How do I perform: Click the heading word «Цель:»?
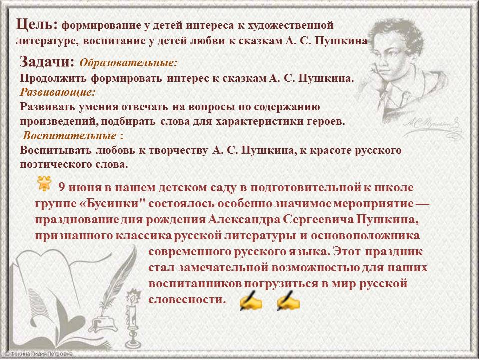tap(36, 24)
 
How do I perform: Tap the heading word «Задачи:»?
tap(47, 62)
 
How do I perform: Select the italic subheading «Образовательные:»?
tap(129, 63)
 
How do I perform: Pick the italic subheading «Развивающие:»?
tap(58, 92)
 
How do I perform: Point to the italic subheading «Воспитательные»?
tap(70, 135)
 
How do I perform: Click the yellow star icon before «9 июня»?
tap(44, 183)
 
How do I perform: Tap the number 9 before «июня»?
tap(62, 187)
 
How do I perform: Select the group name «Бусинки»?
tap(114, 204)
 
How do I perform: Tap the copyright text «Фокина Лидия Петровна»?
tap(39, 354)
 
